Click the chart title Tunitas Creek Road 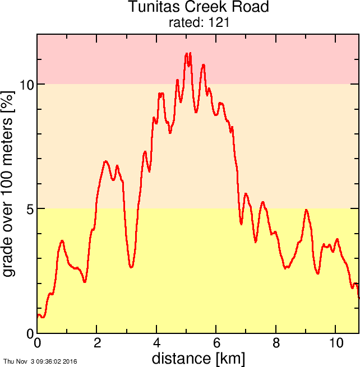pyautogui.click(x=199, y=7)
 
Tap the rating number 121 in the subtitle pyautogui.click(x=219, y=23)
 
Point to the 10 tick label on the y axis pyautogui.click(x=26, y=85)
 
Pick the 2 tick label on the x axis pyautogui.click(x=97, y=343)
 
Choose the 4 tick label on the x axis pyautogui.click(x=157, y=343)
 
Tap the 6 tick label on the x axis pyautogui.click(x=216, y=343)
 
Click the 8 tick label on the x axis pyautogui.click(x=276, y=343)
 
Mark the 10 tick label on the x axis pyautogui.click(x=336, y=343)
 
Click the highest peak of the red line pyautogui.click(x=187, y=54)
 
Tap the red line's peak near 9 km pyautogui.click(x=306, y=210)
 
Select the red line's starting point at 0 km pyautogui.click(x=38, y=316)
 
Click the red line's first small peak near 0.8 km pyautogui.click(x=62, y=241)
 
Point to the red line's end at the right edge pyautogui.click(x=358, y=297)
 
